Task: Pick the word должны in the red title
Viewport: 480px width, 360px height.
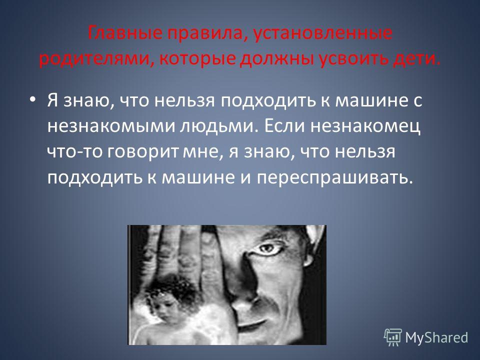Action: click(277, 59)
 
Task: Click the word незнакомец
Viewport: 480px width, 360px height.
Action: click(365, 126)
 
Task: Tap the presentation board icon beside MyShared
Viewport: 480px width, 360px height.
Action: click(393, 337)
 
